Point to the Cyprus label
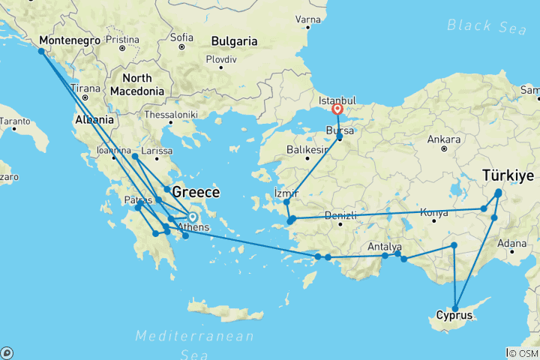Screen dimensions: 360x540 click(x=454, y=315)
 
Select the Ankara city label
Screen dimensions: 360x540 click(x=444, y=139)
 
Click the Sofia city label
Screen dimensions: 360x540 click(x=181, y=37)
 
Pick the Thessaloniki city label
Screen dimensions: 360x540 click(x=172, y=115)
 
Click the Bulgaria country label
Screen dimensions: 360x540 click(x=235, y=40)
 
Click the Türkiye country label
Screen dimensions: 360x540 click(x=508, y=175)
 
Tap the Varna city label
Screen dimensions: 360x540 click(x=307, y=17)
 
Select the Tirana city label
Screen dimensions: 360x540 click(x=85, y=88)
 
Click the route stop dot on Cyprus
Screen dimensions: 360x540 click(x=455, y=308)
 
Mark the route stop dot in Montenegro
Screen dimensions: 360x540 click(x=41, y=52)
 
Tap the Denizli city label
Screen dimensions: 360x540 click(x=340, y=216)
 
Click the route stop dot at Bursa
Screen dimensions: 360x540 click(x=340, y=137)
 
